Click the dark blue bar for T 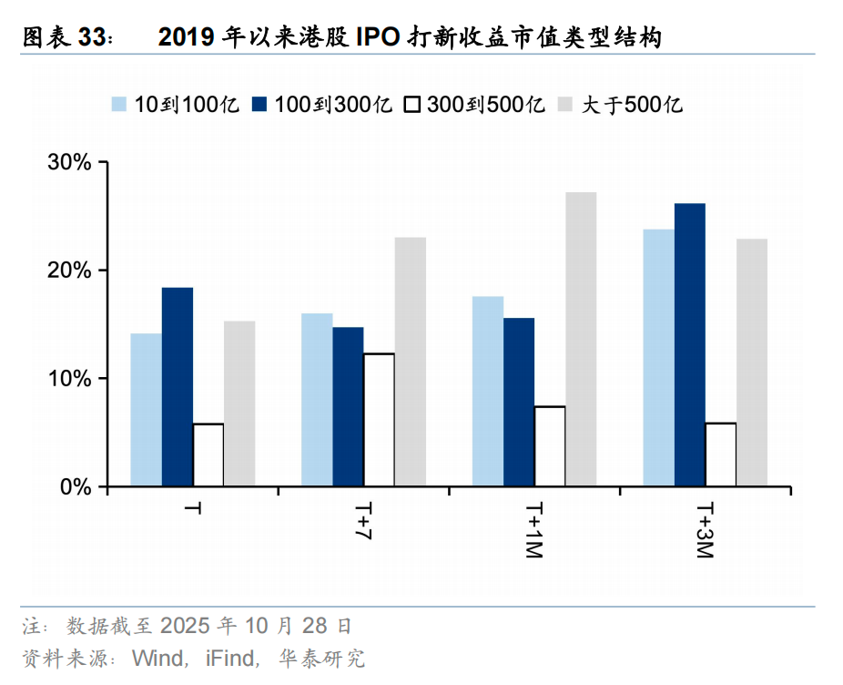pos(178,387)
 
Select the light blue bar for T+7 pos(317,400)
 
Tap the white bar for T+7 pos(379,420)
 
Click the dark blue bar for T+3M pos(689,345)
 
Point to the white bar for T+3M pos(720,455)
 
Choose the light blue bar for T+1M pos(488,392)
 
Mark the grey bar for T pos(239,404)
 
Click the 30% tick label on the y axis pos(69,163)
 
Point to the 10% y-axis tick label pos(69,379)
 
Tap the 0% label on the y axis pos(75,487)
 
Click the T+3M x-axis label pos(705,528)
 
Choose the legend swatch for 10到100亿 pos(119,104)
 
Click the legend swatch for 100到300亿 pos(259,104)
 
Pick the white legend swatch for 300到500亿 pos(411,104)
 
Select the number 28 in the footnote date pos(313,627)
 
